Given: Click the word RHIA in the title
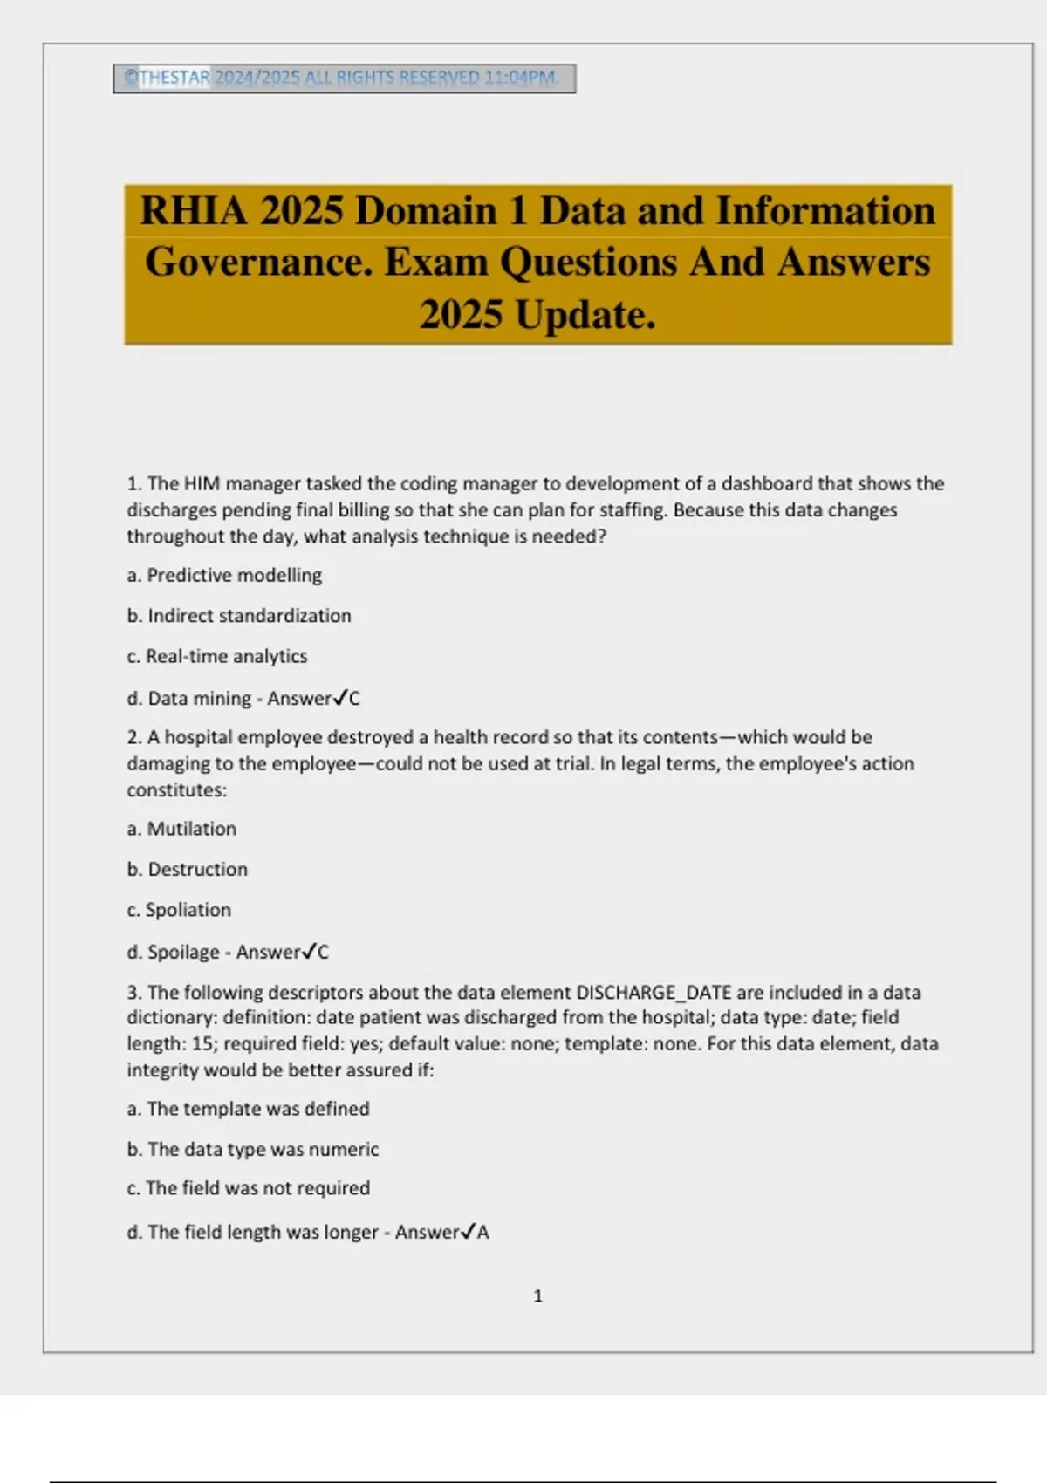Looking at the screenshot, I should click(x=194, y=212).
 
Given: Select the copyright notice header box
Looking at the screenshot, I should click(x=344, y=79).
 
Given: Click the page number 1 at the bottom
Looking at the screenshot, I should click(x=537, y=1296).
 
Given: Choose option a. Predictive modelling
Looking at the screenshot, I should click(x=224, y=576).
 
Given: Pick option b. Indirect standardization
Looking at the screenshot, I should click(x=239, y=616).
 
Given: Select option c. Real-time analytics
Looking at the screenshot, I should click(x=217, y=656).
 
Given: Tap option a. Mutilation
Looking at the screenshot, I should click(x=181, y=829).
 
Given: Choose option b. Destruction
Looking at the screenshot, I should click(x=188, y=870).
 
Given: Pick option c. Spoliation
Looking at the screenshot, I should click(x=179, y=910).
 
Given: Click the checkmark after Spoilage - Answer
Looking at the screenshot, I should click(x=309, y=952).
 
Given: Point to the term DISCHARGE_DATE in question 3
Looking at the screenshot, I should click(x=654, y=993).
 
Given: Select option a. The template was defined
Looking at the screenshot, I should click(x=248, y=1109).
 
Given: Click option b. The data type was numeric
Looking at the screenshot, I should click(x=253, y=1150).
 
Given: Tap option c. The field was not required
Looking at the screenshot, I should click(x=249, y=1188).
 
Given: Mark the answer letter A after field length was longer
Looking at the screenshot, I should click(x=483, y=1233).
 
